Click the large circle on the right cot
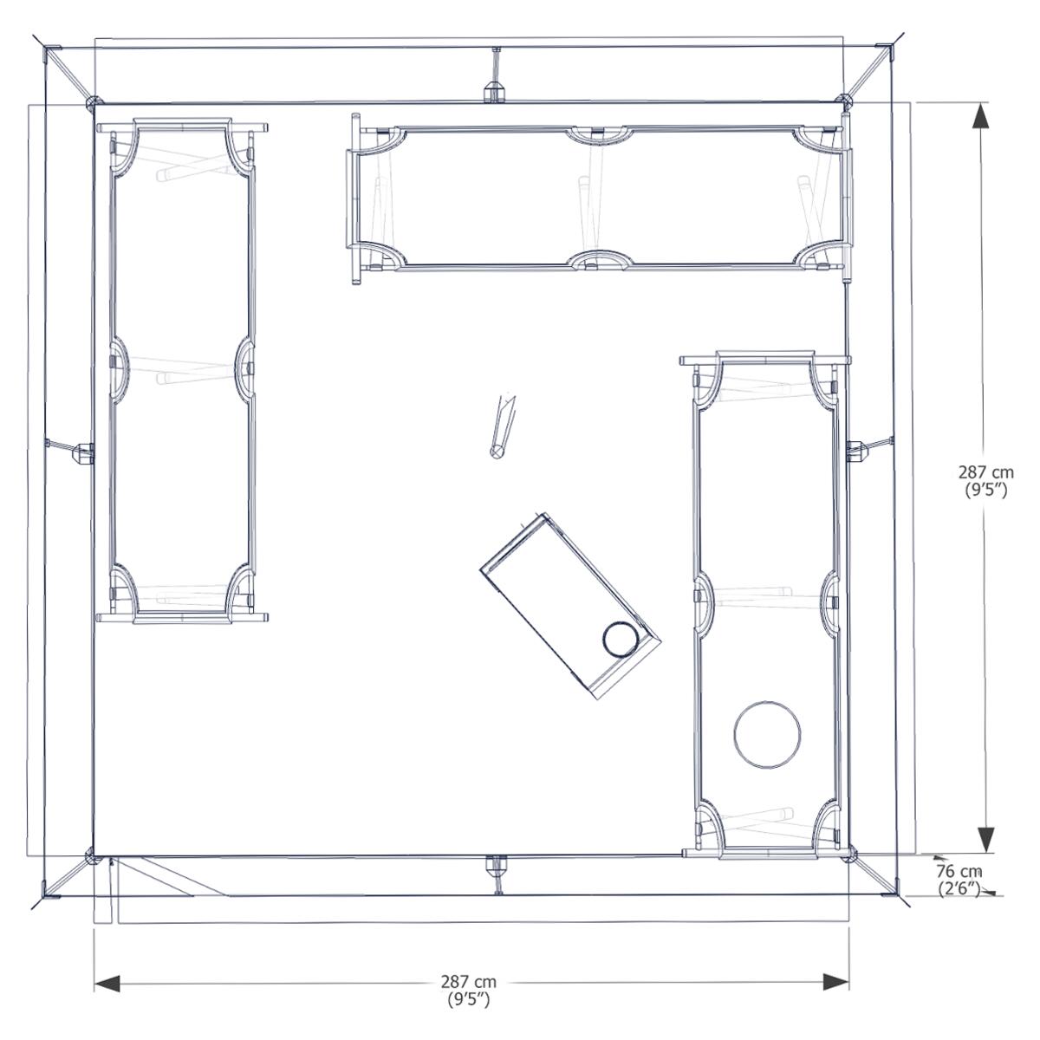[x=767, y=735]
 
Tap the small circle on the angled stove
[x=621, y=639]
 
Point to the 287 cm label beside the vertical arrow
[x=986, y=473]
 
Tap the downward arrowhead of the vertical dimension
[x=986, y=842]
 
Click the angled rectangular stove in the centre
[x=570, y=606]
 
